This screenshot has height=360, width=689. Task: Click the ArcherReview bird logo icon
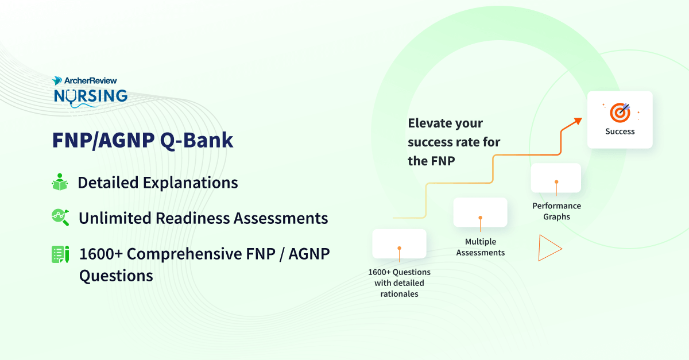click(x=57, y=81)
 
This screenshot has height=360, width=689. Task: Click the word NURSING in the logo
click(x=90, y=95)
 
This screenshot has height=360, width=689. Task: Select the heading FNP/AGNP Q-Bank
click(x=142, y=140)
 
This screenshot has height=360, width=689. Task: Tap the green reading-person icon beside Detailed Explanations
click(x=60, y=182)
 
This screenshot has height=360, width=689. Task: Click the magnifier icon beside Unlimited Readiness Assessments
click(x=60, y=216)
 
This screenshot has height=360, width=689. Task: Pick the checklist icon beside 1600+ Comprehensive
click(x=60, y=254)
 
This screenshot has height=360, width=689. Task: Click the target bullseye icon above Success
click(x=620, y=112)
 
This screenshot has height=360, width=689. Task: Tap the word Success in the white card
click(x=620, y=131)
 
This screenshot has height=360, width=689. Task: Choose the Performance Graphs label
click(x=556, y=211)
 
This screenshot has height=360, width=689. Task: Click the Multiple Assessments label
click(x=481, y=247)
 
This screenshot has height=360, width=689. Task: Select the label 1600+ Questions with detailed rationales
click(x=399, y=283)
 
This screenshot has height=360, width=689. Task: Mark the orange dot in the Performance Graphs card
click(x=556, y=181)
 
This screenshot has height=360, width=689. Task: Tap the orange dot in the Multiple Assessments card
click(x=481, y=218)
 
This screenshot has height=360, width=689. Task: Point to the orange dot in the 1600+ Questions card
click(x=399, y=249)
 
